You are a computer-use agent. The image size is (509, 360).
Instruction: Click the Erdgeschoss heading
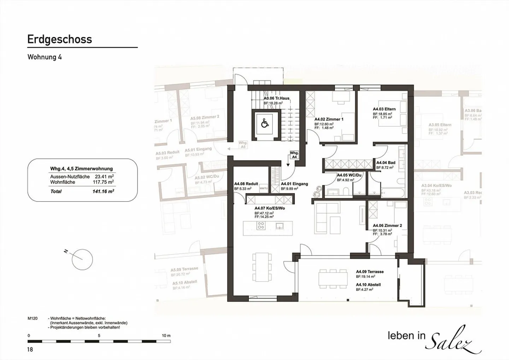[x=60, y=39]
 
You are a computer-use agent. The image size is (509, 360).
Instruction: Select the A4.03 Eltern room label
[x=384, y=109]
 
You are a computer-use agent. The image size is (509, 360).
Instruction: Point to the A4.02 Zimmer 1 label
[x=329, y=120]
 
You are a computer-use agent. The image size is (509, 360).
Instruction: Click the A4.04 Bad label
[x=386, y=163]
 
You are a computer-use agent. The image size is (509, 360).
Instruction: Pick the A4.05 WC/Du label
[x=349, y=175]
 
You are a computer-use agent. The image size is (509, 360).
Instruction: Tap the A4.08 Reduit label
[x=246, y=184]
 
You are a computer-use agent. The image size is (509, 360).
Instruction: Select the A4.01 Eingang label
[x=294, y=184]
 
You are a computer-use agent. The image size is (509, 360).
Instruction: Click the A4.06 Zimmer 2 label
[x=387, y=226]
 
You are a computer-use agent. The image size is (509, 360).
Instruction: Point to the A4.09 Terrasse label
[x=370, y=272]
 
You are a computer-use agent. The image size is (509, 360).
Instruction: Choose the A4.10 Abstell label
[x=368, y=285]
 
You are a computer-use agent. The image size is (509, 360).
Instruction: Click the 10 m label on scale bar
[x=166, y=336]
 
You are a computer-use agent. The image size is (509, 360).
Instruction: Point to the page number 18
[x=30, y=350]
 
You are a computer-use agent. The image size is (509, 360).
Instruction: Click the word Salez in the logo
[x=454, y=340]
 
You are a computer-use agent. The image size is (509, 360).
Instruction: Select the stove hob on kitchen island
[x=261, y=226]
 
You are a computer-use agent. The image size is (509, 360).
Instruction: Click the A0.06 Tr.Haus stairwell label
[x=276, y=98]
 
